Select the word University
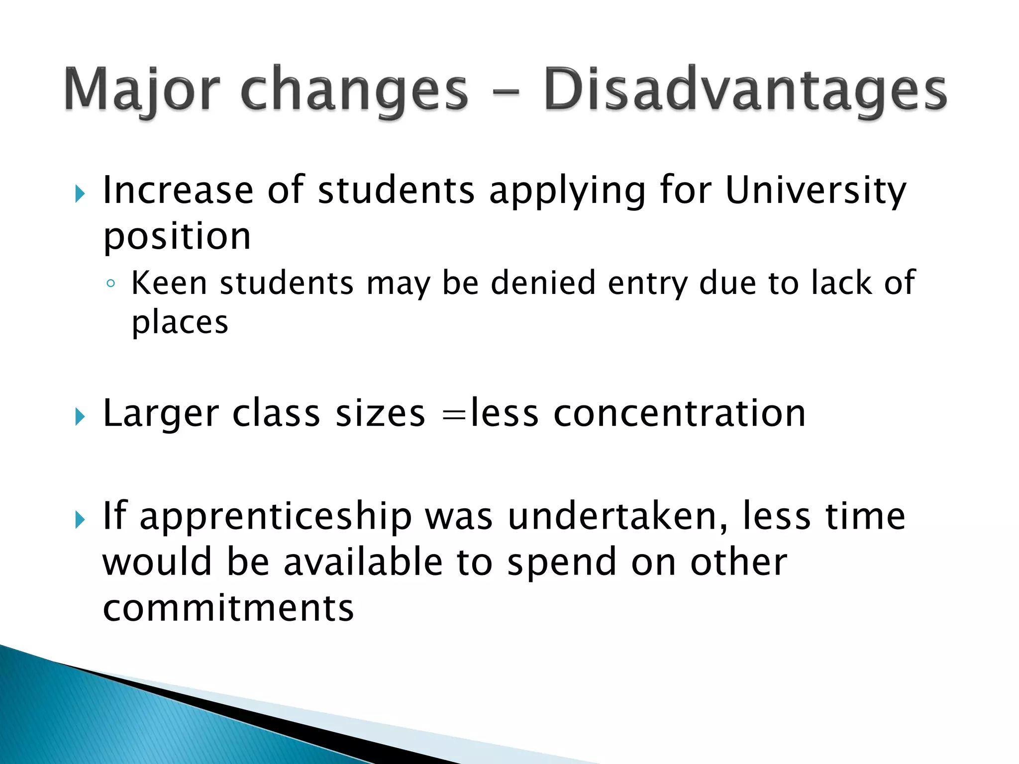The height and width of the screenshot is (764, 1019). coord(815,191)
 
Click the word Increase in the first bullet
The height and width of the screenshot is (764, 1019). coord(178,191)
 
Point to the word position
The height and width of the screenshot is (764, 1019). coord(177,237)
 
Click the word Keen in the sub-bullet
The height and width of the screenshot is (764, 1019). coord(169,283)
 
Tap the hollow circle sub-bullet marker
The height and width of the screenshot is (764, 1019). coord(111,284)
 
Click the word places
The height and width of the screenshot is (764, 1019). coord(180,324)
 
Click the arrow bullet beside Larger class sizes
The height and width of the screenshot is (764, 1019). coord(80,417)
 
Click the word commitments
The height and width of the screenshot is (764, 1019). coord(228,608)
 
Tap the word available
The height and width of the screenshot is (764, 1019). coord(363,563)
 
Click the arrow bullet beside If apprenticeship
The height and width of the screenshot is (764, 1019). coord(80,520)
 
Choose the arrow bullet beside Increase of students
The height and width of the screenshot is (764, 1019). coord(80,194)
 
